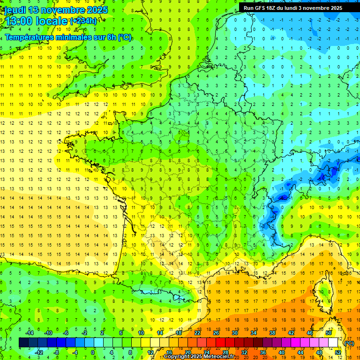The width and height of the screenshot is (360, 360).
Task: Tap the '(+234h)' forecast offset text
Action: [83, 21]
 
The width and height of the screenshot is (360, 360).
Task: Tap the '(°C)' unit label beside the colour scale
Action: [349, 343]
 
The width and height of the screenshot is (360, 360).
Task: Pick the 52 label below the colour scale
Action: [337, 352]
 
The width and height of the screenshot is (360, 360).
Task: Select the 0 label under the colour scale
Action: [93, 352]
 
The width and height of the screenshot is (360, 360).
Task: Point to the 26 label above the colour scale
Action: [217, 333]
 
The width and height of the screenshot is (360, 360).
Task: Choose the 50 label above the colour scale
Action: [329, 333]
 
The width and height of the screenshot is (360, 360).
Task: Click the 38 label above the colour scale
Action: [272, 333]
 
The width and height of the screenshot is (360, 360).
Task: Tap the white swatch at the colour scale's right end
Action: [333, 343]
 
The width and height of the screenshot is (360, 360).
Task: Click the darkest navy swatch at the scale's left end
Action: [23, 343]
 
